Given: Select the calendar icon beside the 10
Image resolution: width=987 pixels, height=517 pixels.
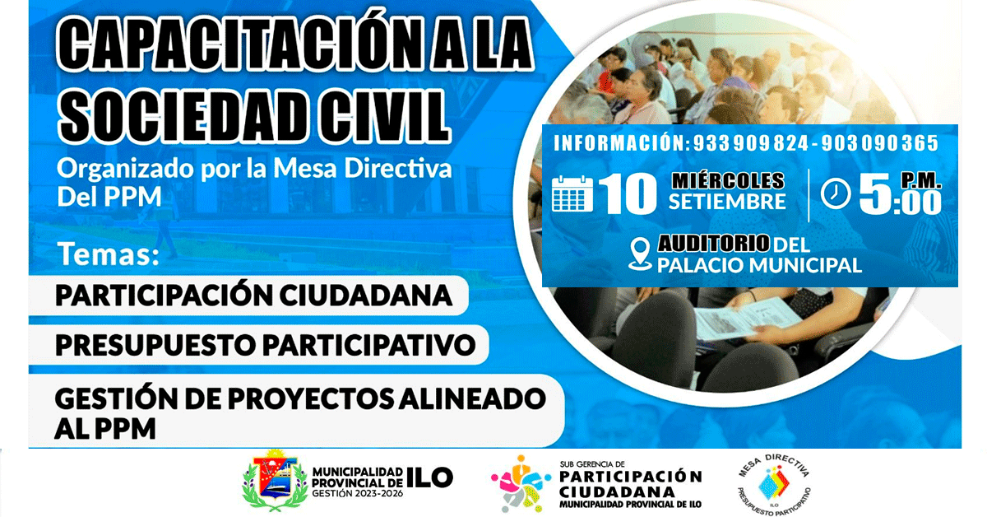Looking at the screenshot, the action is click(572, 193).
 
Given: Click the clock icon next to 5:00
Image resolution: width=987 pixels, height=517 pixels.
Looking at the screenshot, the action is click(836, 193).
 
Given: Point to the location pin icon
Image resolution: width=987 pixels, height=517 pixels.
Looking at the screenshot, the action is click(640, 254).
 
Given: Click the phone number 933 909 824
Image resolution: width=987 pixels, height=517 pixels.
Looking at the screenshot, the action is click(751, 143).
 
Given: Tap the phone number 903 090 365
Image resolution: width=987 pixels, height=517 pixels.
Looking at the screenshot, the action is click(880, 143).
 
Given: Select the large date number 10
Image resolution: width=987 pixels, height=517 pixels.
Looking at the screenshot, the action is click(628, 193).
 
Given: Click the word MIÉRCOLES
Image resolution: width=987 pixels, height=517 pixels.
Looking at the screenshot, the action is click(728, 180).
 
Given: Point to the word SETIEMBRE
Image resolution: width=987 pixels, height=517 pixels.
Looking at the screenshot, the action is click(727, 202).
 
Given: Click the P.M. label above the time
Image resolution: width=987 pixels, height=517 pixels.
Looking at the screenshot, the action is click(921, 179).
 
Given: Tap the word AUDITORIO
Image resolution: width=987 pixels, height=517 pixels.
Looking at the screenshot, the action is click(714, 244).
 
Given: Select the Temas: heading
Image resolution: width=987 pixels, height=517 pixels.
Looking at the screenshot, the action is click(109, 254).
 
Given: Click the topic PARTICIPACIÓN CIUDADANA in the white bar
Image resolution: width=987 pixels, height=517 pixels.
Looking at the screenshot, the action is click(254, 295).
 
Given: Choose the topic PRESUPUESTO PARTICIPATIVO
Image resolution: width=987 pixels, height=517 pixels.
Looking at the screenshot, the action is click(265, 344).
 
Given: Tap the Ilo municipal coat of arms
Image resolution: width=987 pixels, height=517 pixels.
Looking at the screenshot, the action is click(275, 481).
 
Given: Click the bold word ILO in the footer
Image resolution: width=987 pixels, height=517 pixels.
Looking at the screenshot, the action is click(429, 477).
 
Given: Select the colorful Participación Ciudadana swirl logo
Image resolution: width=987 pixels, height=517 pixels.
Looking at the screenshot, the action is click(521, 484).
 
